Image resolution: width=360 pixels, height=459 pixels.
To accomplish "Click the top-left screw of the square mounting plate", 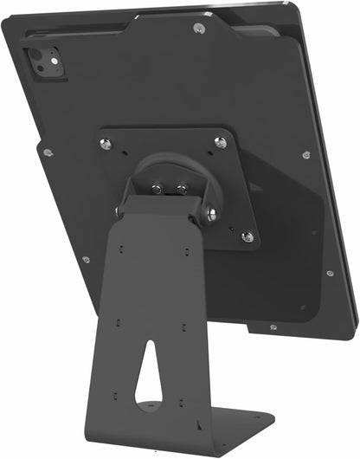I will (x=106, y=144).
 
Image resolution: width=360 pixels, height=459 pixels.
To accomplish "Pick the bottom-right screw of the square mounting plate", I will (x=247, y=236).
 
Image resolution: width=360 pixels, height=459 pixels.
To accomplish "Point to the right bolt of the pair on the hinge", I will (x=181, y=188).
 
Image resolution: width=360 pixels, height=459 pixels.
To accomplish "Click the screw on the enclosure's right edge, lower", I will (x=330, y=273).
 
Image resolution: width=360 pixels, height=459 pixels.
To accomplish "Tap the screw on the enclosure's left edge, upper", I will (x=47, y=152).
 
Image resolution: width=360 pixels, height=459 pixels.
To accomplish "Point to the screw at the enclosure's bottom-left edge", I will (x=85, y=259).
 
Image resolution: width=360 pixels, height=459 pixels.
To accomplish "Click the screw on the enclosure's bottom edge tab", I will (x=273, y=327).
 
